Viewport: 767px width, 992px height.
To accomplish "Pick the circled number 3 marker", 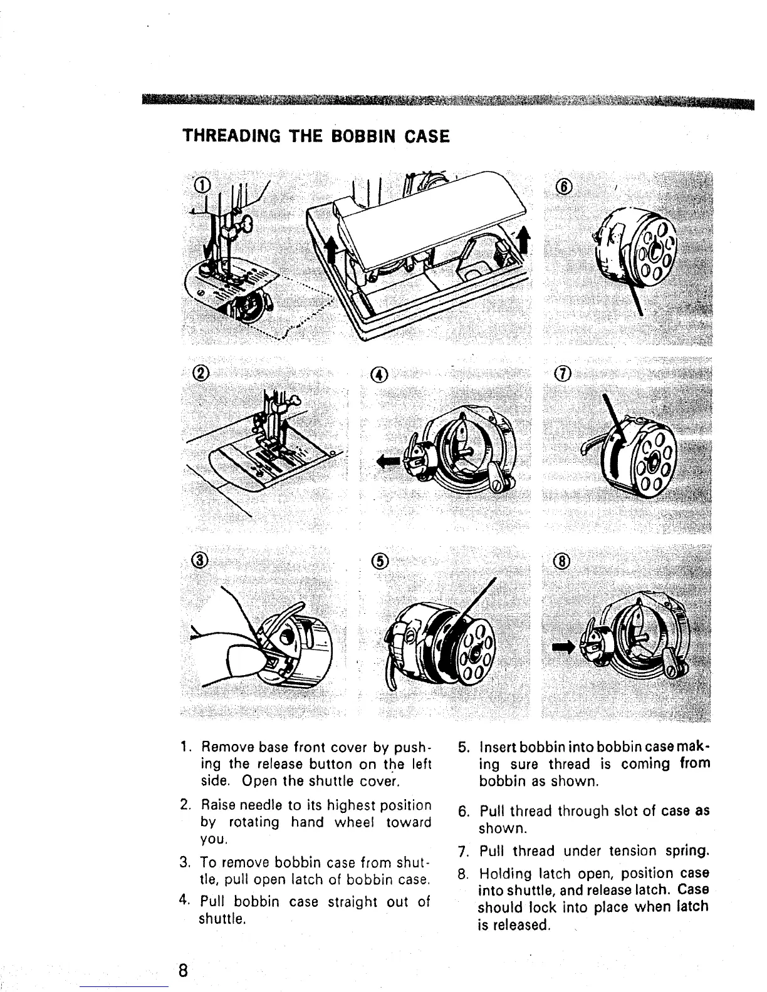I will pos(199,560).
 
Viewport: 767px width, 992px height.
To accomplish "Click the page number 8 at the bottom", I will pos(182,971).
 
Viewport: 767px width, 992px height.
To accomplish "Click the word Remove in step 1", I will pos(222,747).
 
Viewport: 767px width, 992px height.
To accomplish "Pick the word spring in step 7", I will pos(687,851).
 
